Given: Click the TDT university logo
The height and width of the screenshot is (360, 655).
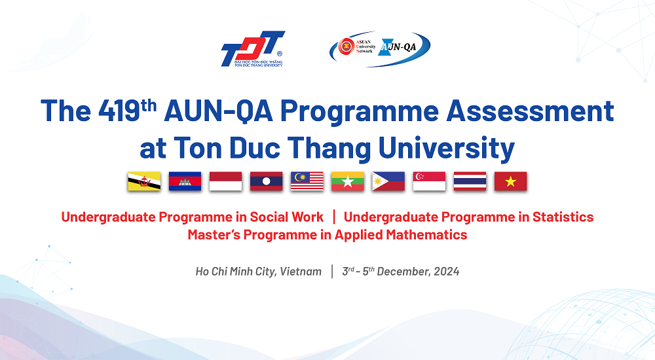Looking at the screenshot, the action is [253, 48].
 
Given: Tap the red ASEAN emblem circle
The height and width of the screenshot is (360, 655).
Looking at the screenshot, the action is [346, 46].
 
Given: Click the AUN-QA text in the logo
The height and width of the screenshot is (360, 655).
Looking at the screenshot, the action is [398, 46].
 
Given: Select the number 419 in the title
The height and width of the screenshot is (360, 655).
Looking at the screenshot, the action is [119, 111].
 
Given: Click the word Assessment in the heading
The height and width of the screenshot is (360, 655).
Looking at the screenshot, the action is [530, 111].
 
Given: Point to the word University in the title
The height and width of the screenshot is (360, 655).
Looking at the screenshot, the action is [446, 149].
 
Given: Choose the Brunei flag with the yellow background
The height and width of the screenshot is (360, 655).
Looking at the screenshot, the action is [144, 181].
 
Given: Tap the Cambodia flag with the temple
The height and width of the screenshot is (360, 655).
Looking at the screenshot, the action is [185, 181].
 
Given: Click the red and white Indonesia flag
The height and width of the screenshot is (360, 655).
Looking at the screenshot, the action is [225, 181].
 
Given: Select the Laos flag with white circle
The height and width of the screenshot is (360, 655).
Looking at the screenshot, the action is [267, 181].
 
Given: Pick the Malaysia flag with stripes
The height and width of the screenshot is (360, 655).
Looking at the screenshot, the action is [307, 181].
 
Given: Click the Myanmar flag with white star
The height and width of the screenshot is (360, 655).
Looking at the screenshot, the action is [348, 181].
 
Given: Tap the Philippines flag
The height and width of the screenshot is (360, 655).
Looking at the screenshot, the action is [388, 181].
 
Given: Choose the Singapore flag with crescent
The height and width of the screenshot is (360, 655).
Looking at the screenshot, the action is [430, 181].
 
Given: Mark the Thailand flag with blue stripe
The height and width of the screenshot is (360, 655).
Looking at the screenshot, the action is [470, 181].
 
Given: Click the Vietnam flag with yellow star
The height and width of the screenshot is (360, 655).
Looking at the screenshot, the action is [510, 181].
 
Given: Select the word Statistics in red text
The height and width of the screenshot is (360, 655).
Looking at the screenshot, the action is [563, 217].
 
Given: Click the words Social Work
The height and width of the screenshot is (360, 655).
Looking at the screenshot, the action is [287, 217].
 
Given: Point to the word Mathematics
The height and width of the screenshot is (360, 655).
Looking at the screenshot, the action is [426, 235].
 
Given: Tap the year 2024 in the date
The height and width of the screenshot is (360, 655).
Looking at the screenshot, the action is [447, 272].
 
